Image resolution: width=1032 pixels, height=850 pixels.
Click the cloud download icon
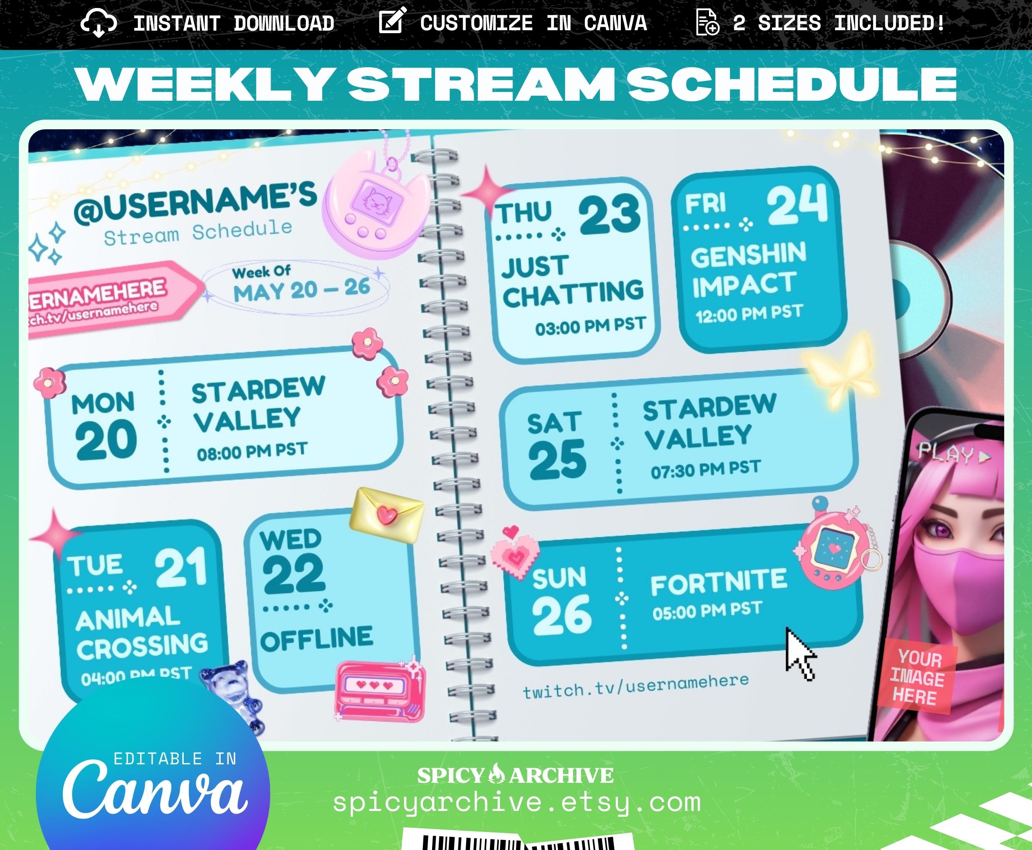coord(98,24)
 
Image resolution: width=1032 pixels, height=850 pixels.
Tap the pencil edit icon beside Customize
coord(392,21)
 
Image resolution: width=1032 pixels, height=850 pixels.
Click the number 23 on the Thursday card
coord(609,214)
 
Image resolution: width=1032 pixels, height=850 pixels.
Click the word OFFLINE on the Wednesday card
coord(317,639)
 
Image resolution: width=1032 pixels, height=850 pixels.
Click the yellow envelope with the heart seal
coord(386,515)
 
